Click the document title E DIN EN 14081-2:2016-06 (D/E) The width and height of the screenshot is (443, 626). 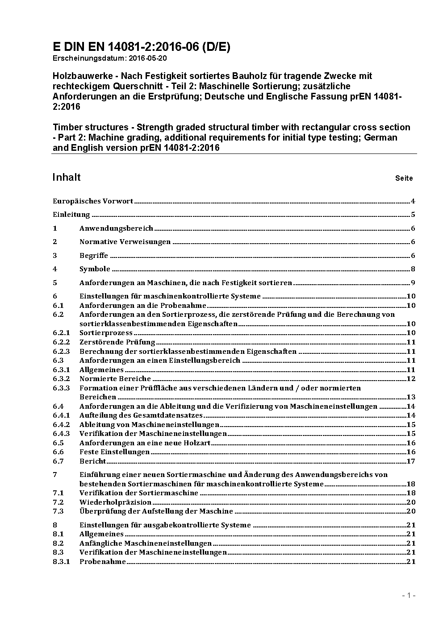click(141, 47)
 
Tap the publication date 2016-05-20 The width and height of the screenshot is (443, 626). click(148, 58)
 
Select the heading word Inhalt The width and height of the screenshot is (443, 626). click(67, 177)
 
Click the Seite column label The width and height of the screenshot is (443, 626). click(404, 178)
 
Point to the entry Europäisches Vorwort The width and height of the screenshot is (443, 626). click(93, 201)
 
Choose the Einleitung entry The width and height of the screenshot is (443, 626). click(71, 215)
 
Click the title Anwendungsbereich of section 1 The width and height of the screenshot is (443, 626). click(116, 228)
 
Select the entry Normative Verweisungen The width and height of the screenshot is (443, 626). click(125, 242)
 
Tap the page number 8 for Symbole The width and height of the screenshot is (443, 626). click(413, 269)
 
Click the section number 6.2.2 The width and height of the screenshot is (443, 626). click(61, 342)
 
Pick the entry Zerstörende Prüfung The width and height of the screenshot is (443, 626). click(117, 342)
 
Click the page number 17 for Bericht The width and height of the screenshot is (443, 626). click(411, 461)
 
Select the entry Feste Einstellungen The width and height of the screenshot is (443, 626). click(114, 452)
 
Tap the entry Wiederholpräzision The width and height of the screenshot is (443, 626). click(115, 502)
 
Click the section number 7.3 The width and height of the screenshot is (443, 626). click(58, 511)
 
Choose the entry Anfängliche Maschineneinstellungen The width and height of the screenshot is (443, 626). click(145, 543)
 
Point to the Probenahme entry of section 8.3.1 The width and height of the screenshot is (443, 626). click(103, 562)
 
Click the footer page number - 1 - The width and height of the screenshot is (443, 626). click(409, 595)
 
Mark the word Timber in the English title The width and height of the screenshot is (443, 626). click(68, 127)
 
